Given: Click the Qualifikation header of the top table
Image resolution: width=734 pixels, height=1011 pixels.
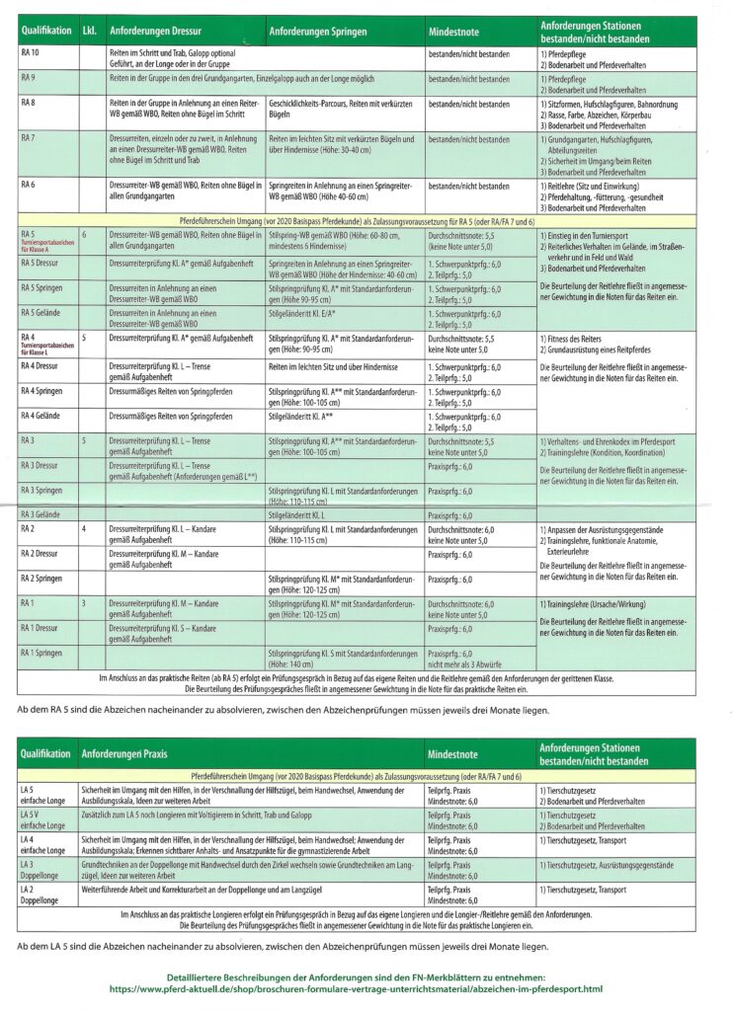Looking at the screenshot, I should point(45,31).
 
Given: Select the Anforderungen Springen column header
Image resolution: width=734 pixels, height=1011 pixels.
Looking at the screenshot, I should point(312,31).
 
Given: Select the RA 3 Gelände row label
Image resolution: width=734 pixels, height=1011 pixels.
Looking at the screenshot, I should point(44,514).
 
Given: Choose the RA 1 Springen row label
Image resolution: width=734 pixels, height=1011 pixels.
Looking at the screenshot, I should point(45,653).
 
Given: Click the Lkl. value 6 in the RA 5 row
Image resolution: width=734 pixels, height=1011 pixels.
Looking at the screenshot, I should point(85,234).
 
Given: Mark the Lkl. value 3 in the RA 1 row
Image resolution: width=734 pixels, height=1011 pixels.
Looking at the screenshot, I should point(85,602).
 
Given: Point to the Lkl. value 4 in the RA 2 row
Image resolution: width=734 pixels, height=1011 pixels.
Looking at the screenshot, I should point(85,529).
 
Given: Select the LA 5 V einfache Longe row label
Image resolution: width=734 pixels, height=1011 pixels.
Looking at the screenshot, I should point(41,819).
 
